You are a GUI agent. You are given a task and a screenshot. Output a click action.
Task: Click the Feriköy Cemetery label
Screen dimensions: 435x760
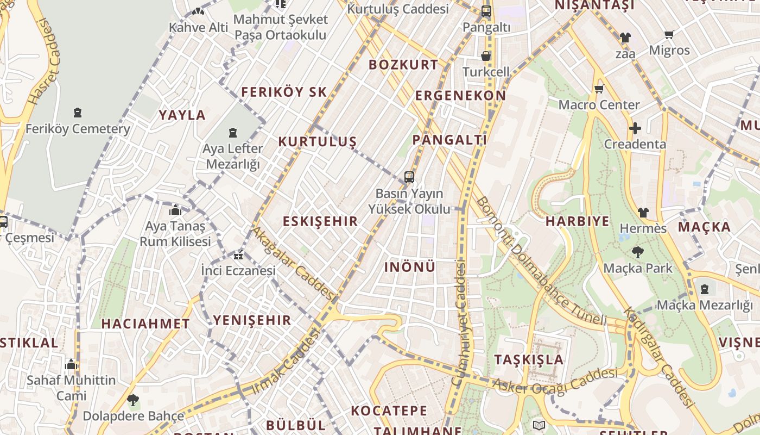coord(78,129)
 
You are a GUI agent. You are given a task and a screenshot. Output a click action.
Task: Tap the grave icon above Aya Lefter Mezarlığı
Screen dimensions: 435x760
coord(233,132)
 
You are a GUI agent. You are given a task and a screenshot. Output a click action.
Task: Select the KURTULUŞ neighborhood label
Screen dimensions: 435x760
coord(317,142)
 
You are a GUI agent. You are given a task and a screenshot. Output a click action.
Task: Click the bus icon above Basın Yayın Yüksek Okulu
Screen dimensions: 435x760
coord(409,177)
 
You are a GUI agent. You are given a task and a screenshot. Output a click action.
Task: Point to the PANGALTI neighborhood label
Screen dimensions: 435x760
coord(449,140)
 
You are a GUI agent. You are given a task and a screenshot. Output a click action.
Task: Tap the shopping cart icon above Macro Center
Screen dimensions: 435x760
coord(599,89)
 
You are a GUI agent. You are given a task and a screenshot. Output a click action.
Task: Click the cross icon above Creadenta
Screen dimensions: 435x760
coord(635,129)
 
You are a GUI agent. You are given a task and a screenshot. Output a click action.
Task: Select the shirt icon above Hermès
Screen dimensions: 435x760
coord(643,213)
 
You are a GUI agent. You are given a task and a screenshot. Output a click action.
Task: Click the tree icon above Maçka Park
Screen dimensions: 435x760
coord(637,252)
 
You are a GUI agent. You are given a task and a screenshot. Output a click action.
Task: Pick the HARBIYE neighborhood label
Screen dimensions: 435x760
coord(577,221)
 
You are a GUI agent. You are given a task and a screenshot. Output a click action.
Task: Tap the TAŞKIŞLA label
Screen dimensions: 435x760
coord(529,359)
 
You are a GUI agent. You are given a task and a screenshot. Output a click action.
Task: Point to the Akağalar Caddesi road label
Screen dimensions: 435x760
coord(294,263)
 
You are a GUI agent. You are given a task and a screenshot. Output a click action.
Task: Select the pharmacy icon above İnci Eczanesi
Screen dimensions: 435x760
coord(238,256)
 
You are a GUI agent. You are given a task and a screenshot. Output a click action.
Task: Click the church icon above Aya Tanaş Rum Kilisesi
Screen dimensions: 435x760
coord(175,210)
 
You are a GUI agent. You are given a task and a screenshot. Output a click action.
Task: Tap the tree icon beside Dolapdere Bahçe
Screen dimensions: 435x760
coord(132,401)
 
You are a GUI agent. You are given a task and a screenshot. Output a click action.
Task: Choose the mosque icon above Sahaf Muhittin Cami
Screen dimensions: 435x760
coord(71,364)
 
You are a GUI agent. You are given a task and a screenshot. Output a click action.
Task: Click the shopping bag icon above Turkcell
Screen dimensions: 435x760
coord(486,56)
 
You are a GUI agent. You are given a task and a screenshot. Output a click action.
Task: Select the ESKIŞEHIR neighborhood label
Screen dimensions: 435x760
coord(320,221)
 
